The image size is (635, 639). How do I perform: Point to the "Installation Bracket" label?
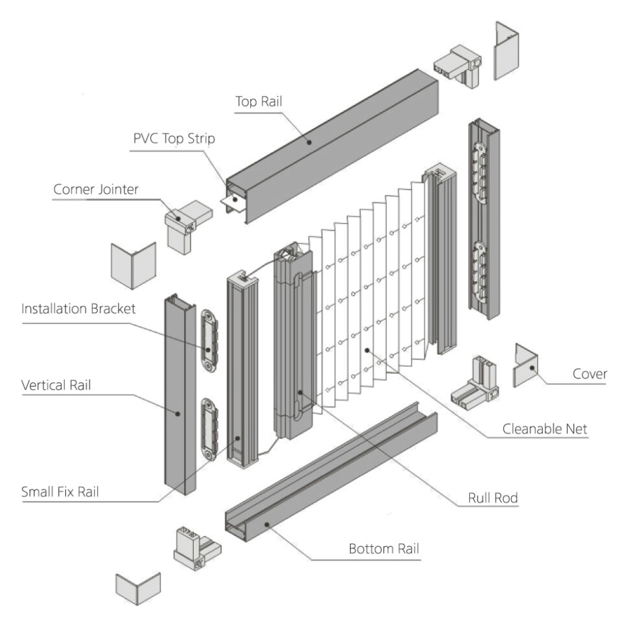[78, 308]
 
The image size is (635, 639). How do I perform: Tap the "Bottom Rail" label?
[384, 549]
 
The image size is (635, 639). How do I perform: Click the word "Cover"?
[590, 374]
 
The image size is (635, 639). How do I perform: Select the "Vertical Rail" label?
[56, 385]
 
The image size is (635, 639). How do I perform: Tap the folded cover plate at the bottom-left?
[137, 587]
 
